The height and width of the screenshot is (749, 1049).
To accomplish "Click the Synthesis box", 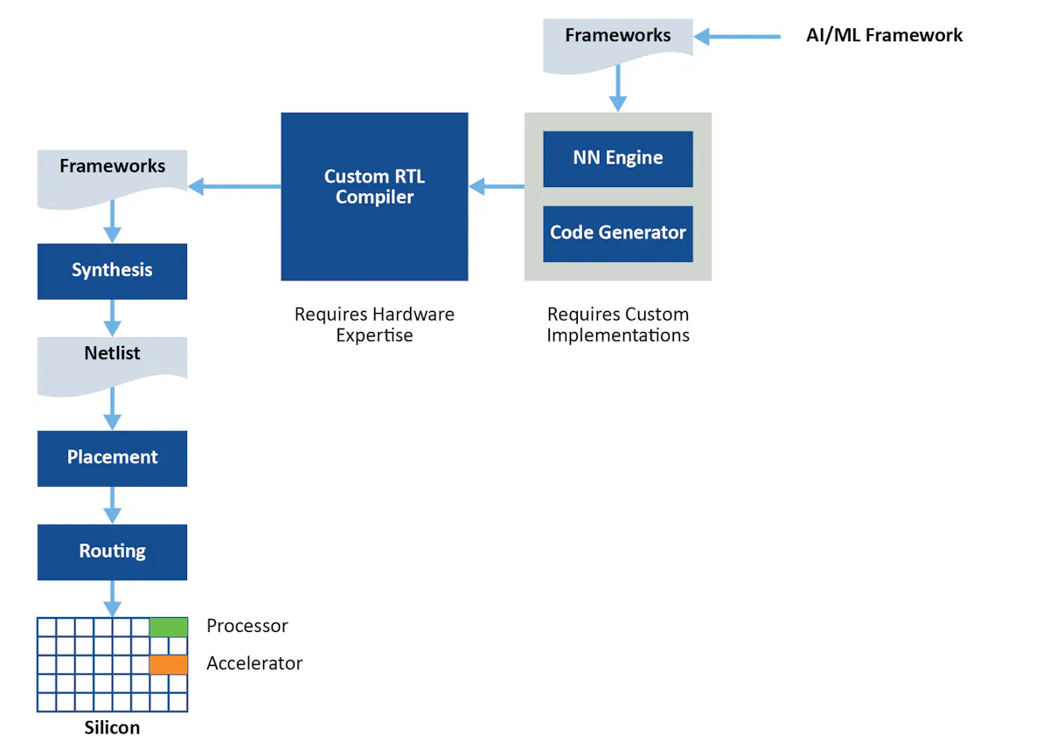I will [112, 271].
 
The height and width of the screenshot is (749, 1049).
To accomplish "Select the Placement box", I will [112, 458].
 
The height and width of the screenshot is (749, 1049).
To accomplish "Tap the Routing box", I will [112, 551].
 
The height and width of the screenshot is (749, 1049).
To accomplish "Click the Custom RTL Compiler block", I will [374, 196].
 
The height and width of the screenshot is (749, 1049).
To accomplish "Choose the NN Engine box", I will [617, 158].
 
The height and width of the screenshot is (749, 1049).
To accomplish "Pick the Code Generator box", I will [617, 233].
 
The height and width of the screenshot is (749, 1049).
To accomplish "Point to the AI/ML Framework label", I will [884, 36].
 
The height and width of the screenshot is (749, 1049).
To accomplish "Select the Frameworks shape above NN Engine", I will [617, 42].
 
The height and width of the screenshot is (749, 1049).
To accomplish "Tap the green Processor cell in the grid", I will [169, 627].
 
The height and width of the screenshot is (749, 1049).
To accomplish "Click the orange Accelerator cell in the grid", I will [169, 664].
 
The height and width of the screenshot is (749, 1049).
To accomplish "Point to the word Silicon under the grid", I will [112, 727].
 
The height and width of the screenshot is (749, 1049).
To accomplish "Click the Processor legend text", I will [247, 626].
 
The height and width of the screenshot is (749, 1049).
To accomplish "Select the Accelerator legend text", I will [254, 663].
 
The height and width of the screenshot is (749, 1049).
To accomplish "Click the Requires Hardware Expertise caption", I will [374, 324].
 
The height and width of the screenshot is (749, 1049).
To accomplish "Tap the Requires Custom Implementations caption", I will [618, 324].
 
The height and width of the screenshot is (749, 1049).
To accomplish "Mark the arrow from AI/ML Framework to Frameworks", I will [738, 37].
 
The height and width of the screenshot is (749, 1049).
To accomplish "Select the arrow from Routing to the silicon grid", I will [112, 599].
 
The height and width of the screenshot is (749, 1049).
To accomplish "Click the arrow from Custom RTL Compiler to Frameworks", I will [234, 185].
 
